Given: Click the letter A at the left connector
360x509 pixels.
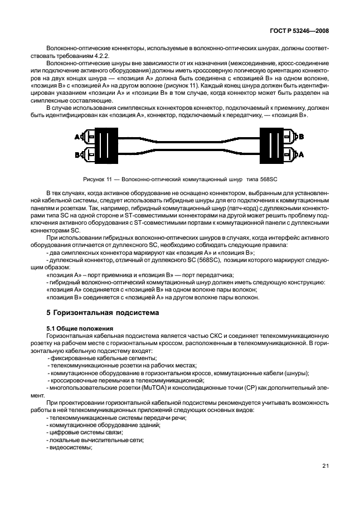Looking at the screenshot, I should click(76, 137).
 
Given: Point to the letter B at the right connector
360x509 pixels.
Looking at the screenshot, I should click(301, 137).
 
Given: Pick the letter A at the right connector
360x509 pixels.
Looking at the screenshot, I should click(301, 154).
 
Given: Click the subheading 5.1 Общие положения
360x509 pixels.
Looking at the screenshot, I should click(80, 329).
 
